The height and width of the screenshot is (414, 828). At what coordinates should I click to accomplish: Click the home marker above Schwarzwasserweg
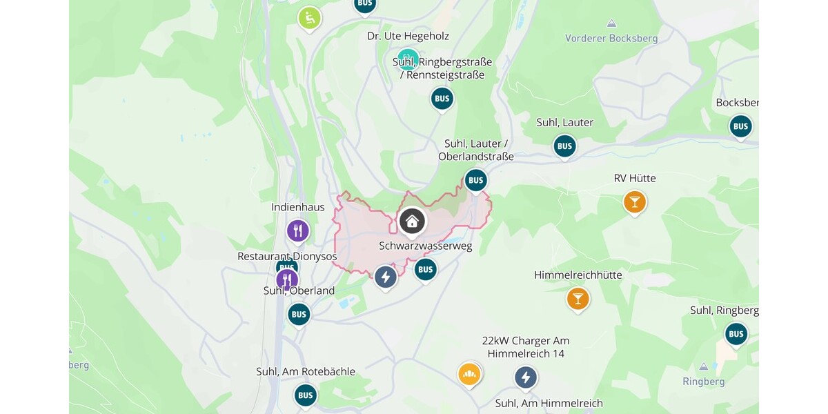point(412,221)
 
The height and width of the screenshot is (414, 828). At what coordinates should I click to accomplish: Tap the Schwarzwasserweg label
point(425,246)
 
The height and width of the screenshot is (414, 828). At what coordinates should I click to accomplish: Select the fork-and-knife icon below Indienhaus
point(298,230)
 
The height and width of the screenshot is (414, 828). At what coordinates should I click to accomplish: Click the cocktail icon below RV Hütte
point(634,202)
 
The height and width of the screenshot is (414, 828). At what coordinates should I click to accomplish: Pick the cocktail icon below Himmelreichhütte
point(578,299)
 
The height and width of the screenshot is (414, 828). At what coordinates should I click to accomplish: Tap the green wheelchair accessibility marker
point(309,19)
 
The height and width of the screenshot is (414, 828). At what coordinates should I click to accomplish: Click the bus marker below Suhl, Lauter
point(564,146)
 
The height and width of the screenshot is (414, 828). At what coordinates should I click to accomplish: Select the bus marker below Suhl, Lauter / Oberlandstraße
point(475,181)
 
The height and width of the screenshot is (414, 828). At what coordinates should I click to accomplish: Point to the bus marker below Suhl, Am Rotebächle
point(305,395)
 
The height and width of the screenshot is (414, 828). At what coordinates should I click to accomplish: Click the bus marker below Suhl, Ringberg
point(736,334)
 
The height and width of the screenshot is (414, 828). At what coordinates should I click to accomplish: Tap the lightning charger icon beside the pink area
point(385,277)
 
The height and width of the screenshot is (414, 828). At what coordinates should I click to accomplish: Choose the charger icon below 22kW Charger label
point(526,377)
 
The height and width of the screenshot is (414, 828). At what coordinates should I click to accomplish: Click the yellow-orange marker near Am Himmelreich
point(469,374)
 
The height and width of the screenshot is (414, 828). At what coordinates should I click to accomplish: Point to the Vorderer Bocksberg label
point(611,39)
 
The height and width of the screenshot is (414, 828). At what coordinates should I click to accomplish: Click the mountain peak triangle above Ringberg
point(703,366)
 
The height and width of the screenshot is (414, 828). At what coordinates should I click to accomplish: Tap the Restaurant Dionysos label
point(287,256)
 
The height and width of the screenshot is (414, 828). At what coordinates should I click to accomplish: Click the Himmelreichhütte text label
point(578,275)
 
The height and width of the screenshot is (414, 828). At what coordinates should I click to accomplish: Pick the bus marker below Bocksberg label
point(740,126)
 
